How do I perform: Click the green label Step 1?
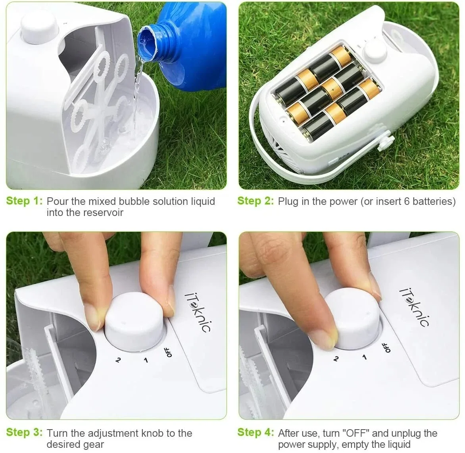pyautogui.click(x=24, y=201)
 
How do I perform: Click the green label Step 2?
pyautogui.click(x=256, y=201)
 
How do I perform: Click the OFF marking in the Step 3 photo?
pyautogui.click(x=168, y=352)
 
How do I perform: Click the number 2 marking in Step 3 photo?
pyautogui.click(x=117, y=360)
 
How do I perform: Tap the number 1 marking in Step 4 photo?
pyautogui.click(x=364, y=357)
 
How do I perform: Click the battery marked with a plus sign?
pyautogui.click(x=332, y=89)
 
